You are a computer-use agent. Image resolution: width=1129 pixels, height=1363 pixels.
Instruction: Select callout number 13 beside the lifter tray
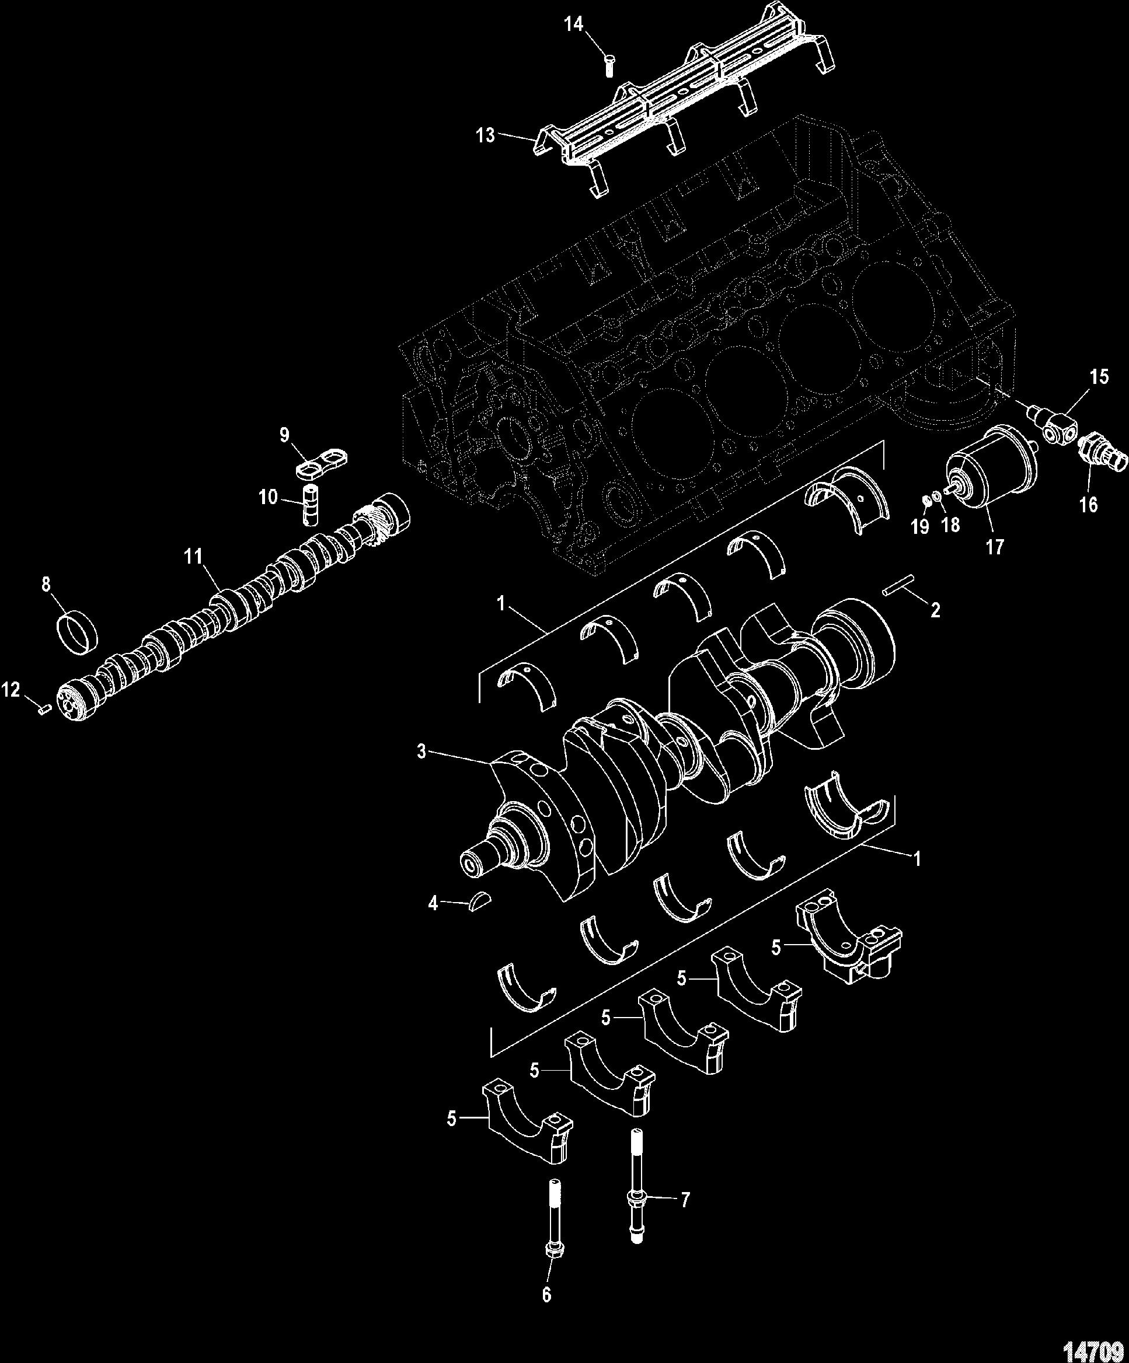tap(485, 135)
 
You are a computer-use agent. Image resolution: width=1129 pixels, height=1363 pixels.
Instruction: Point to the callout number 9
tap(284, 434)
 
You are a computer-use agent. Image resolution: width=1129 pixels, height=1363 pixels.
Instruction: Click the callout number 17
tap(994, 547)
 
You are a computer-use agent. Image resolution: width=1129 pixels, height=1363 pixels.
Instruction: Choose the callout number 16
tap(1088, 504)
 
